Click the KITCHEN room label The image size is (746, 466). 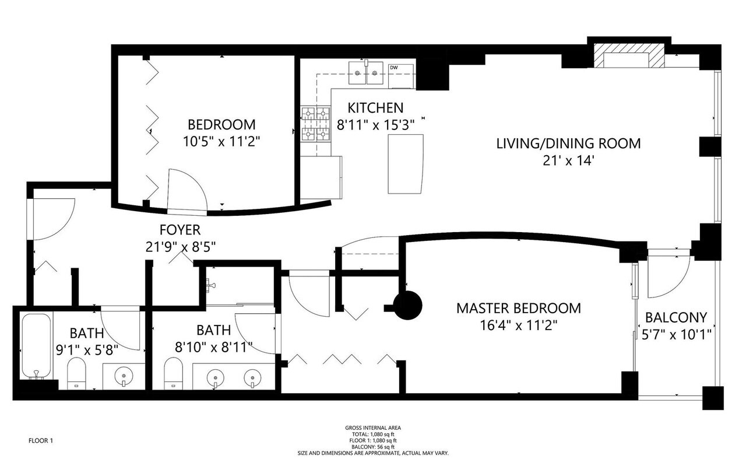pyautogui.click(x=375, y=108)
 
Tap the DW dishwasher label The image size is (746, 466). pyautogui.click(x=393, y=67)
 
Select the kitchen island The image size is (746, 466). pyautogui.click(x=406, y=164)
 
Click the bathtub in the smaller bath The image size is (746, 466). pyautogui.click(x=36, y=346)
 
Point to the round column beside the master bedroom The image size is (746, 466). pyautogui.click(x=407, y=306)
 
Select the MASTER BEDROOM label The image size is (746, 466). pyautogui.click(x=519, y=309)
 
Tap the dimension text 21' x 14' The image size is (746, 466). pyautogui.click(x=569, y=161)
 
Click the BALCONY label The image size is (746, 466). pyautogui.click(x=676, y=317)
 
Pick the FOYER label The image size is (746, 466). pyautogui.click(x=180, y=230)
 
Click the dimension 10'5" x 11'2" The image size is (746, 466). pyautogui.click(x=221, y=142)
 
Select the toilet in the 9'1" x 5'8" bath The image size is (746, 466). pyautogui.click(x=76, y=373)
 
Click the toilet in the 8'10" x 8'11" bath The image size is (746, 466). pyautogui.click(x=174, y=373)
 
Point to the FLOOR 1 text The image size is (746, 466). pyautogui.click(x=41, y=441)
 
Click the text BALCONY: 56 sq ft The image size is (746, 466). pyautogui.click(x=373, y=447)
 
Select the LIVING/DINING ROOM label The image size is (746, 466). pyautogui.click(x=568, y=143)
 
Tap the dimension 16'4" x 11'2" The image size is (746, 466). pyautogui.click(x=519, y=325)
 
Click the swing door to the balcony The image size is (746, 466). pyautogui.click(x=668, y=276)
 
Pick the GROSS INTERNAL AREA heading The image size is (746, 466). pyautogui.click(x=373, y=428)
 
